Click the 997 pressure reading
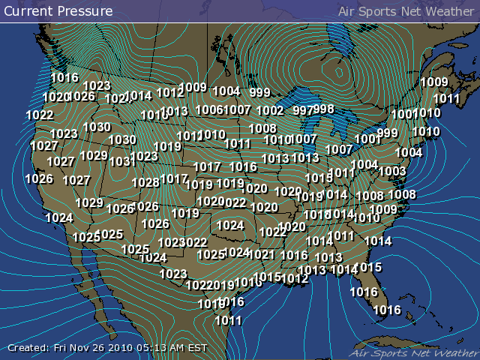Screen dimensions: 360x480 coord(302,110)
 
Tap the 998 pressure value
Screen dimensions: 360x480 coord(324,109)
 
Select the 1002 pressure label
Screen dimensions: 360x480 coord(270,111)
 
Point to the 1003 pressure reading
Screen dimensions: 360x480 coord(391,171)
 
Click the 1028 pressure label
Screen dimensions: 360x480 coord(145,182)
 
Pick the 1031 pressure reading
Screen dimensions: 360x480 coord(120,161)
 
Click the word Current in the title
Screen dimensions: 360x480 coord(28,11)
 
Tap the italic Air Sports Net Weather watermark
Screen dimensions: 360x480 coord(412,351)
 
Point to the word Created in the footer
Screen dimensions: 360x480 coord(28,347)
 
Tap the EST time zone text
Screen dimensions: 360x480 coord(197,347)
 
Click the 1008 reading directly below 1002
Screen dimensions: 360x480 coord(262,128)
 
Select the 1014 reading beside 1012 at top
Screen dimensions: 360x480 coord(138,96)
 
